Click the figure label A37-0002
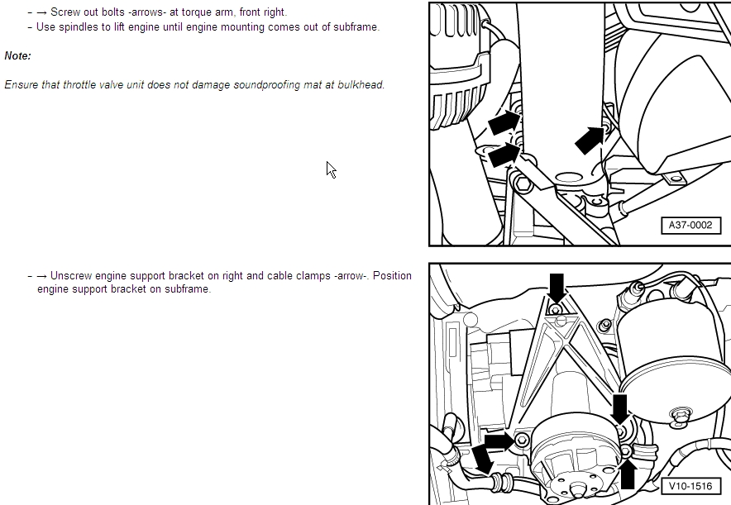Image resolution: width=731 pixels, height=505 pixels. pos(690,226)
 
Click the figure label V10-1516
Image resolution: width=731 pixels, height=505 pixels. pos(690,486)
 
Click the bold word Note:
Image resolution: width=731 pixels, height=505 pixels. pos(17,56)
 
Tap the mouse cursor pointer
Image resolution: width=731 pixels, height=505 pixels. pos(331,170)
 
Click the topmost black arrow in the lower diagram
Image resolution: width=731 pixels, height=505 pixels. pos(557,288)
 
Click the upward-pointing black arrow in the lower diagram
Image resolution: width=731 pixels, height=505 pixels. pos(628,474)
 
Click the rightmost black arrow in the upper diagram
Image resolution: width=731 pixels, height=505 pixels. pos(590,141)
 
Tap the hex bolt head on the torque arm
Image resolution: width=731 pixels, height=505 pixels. pos(523,182)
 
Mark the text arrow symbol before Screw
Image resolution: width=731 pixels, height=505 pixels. pos(42,12)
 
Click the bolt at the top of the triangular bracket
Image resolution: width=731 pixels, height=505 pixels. pos(555,310)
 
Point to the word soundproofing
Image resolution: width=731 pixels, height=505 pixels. pos(266,85)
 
